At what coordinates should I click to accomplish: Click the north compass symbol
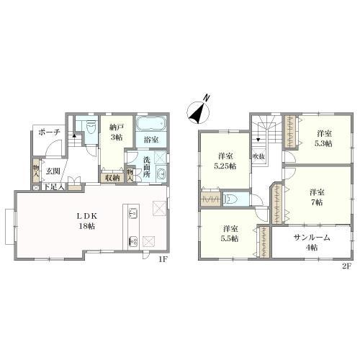tap(199, 111)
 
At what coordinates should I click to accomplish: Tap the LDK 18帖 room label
tap(87, 221)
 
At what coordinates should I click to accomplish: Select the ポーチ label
tap(49, 132)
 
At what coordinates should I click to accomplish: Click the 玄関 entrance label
tap(53, 171)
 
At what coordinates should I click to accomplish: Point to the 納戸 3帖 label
tap(117, 132)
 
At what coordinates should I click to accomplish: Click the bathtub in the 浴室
tap(151, 124)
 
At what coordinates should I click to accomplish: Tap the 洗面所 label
tap(147, 167)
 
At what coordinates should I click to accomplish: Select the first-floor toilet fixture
tap(91, 127)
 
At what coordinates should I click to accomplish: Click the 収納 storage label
tap(112, 178)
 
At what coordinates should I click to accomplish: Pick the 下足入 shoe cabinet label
tap(55, 187)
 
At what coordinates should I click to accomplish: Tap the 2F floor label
tap(346, 266)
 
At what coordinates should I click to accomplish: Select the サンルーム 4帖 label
tap(312, 243)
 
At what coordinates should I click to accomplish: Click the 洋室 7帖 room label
tap(317, 197)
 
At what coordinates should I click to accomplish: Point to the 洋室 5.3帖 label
tap(324, 138)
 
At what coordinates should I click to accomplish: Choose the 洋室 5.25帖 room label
tap(225, 161)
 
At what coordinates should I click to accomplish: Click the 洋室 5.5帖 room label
tap(230, 233)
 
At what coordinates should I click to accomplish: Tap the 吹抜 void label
tap(258, 157)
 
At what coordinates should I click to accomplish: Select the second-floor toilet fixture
tap(230, 199)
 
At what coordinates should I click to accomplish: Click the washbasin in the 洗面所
tap(161, 174)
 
